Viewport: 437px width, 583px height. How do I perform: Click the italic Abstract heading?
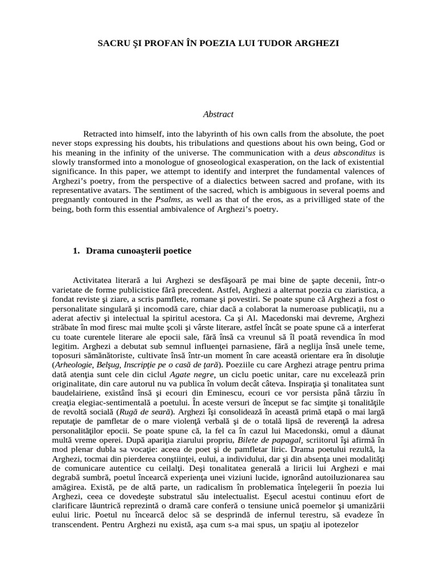(x=218, y=114)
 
